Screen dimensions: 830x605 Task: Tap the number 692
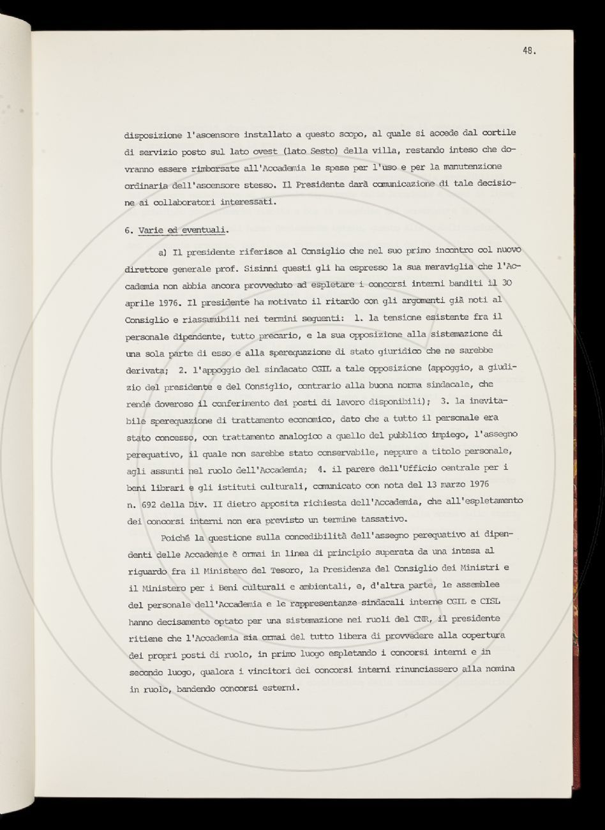coord(152,502)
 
